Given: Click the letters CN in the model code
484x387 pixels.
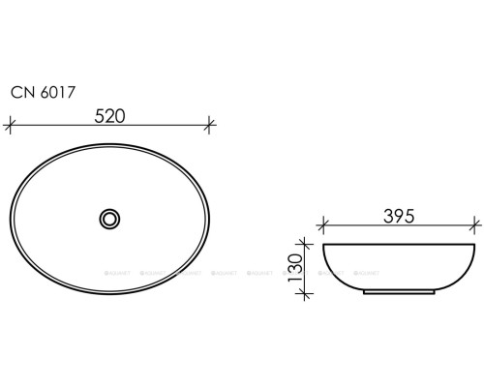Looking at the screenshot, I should (x=21, y=93).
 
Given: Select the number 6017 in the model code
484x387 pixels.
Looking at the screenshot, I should (x=56, y=93).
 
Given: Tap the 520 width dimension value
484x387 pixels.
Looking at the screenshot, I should (x=111, y=114).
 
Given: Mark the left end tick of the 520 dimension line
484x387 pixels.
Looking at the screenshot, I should (x=11, y=124).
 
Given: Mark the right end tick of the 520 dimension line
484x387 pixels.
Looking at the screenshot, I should (x=212, y=124).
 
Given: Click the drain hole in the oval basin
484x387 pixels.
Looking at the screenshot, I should (x=111, y=219).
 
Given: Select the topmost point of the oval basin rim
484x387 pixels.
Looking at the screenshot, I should (x=111, y=142).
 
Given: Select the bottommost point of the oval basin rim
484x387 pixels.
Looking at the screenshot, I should (x=111, y=295).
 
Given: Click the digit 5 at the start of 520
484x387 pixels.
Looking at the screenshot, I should (x=97, y=114).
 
